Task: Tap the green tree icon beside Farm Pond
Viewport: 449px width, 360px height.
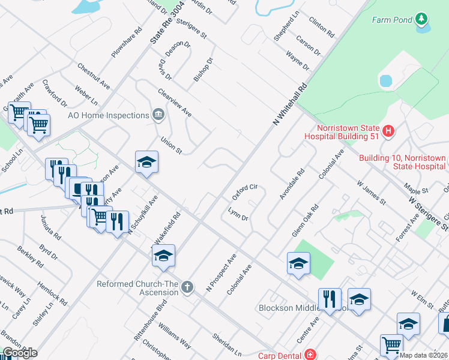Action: click(422, 20)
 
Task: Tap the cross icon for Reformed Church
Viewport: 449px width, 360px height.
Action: click(187, 287)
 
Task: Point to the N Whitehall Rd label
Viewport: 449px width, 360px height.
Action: click(290, 104)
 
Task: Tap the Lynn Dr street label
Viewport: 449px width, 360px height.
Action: click(238, 214)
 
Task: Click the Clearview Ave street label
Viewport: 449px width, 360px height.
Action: click(174, 103)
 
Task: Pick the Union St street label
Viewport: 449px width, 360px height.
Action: click(171, 145)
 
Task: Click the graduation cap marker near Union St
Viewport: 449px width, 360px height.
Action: click(146, 162)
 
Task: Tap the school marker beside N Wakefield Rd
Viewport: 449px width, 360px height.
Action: click(163, 256)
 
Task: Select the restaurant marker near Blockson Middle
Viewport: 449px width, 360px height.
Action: click(330, 299)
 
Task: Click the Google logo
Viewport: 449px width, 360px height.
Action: click(20, 353)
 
